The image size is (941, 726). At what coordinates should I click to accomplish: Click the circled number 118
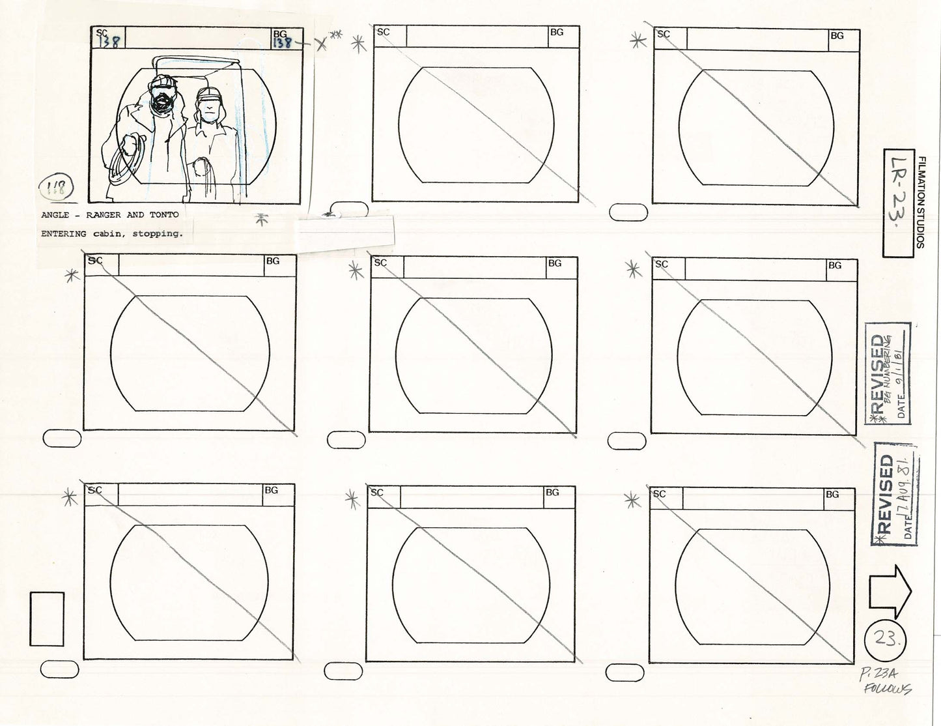pos(59,190)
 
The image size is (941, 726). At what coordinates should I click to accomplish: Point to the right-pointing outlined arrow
pos(890,590)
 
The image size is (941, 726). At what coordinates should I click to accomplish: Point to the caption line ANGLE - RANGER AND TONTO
pos(109,215)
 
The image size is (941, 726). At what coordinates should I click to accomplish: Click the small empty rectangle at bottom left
pos(47,618)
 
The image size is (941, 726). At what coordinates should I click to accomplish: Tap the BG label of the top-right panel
pos(836,36)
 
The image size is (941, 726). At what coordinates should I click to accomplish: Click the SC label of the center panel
pos(380,263)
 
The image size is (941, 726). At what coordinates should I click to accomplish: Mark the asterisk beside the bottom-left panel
pos(68,498)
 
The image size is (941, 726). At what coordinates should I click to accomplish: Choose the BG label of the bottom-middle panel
pos(552,493)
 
